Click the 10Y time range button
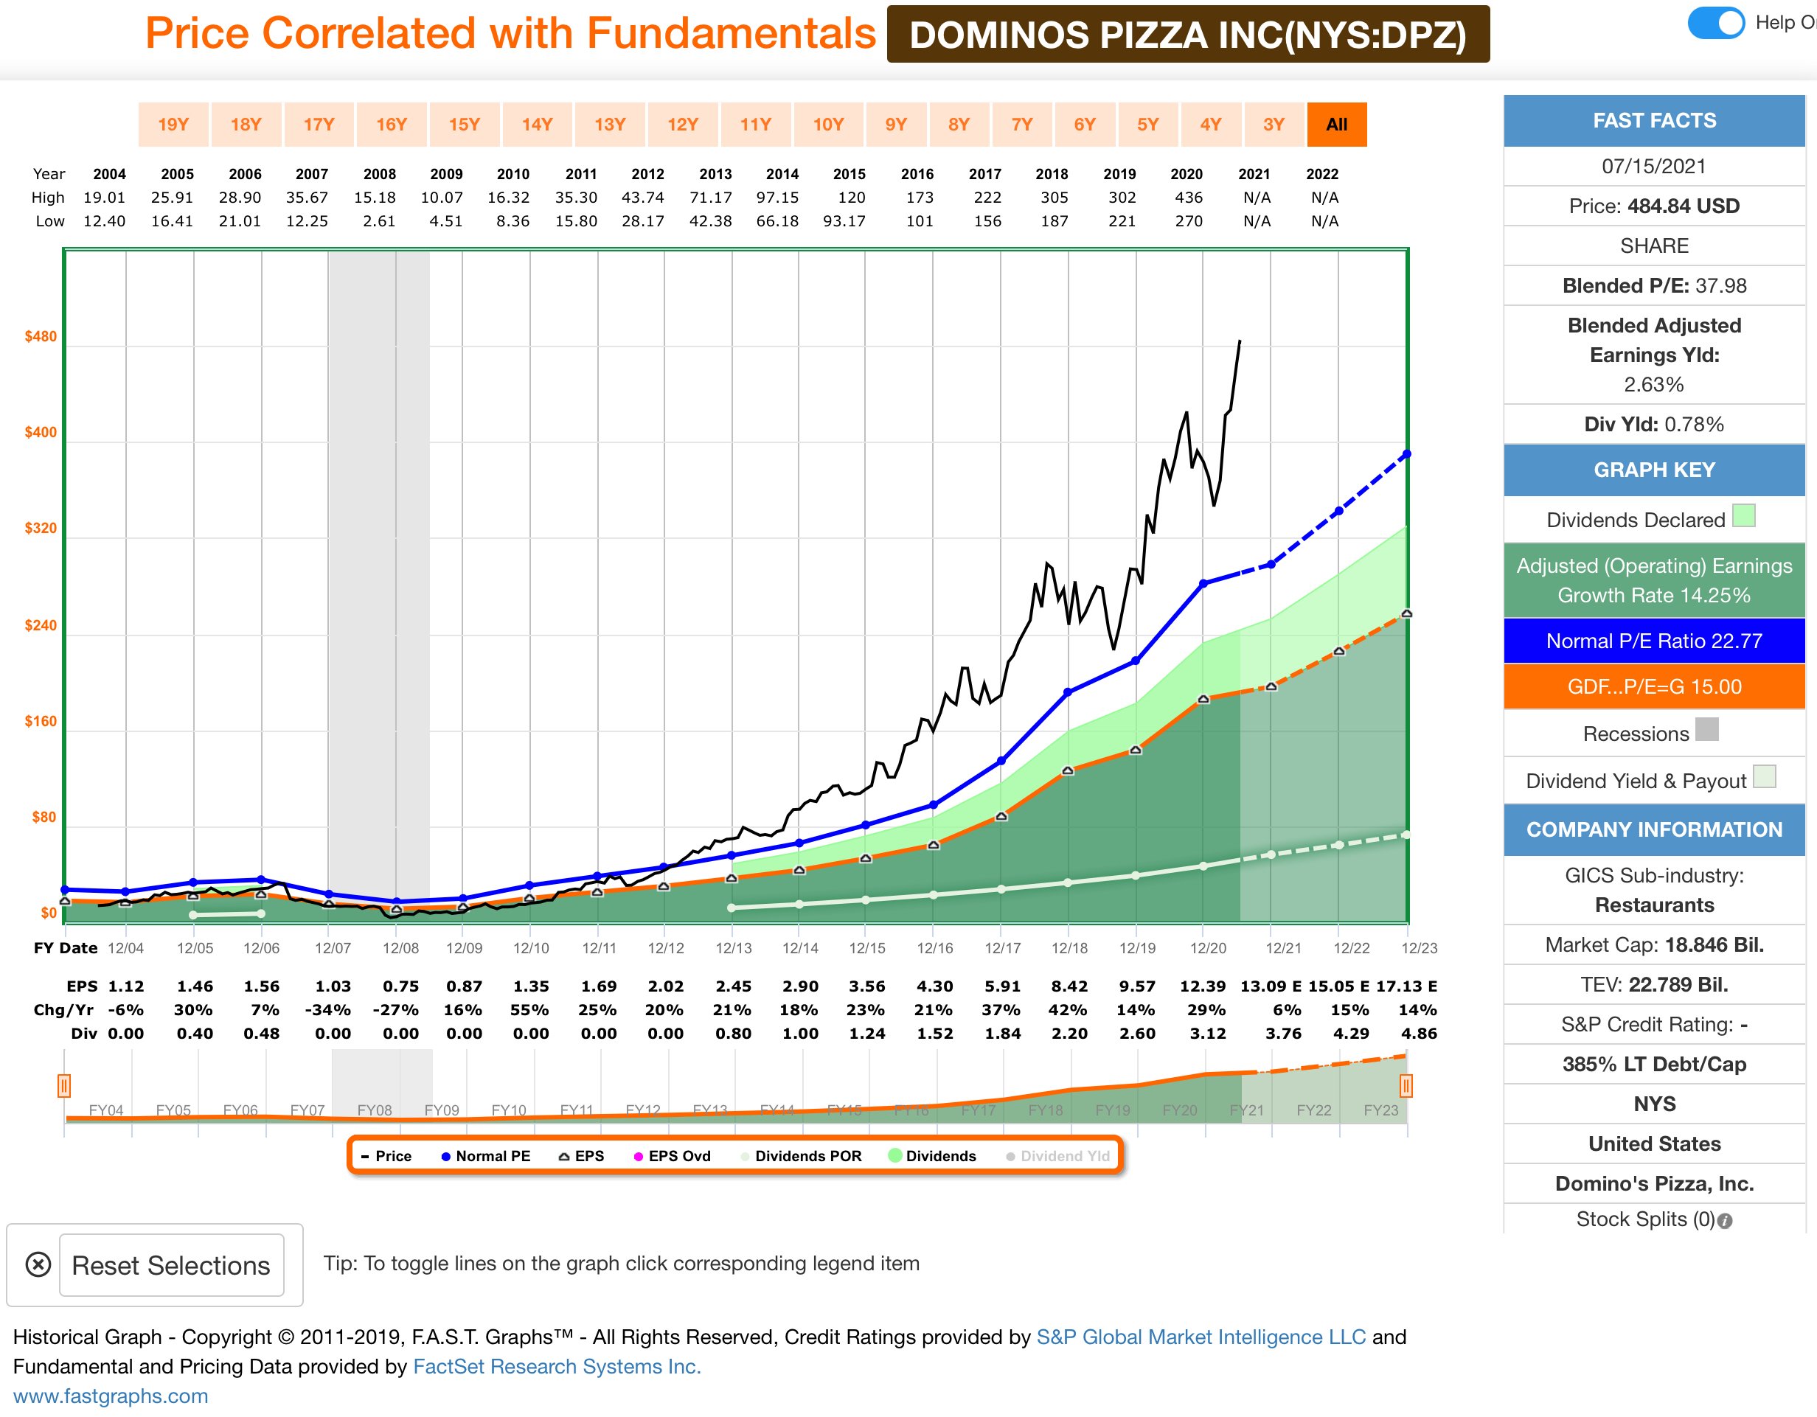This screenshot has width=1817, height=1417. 828,125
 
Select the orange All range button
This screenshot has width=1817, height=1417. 1336,125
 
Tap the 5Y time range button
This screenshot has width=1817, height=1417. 1147,125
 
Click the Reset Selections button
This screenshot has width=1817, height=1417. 170,1265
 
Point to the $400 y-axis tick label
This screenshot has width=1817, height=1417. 40,433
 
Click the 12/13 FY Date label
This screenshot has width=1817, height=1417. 733,948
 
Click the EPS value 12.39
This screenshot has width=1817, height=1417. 1202,986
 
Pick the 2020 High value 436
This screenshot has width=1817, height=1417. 1188,198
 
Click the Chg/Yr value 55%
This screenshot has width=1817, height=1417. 530,1009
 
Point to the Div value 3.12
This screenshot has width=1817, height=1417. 1207,1033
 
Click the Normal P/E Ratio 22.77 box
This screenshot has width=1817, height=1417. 1653,641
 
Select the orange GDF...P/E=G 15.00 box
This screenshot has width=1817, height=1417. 1653,687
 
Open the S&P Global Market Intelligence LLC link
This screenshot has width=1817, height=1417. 1201,1337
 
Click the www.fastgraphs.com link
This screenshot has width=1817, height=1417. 111,1396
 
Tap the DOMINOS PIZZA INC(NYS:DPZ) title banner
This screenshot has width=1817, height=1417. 1187,35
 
